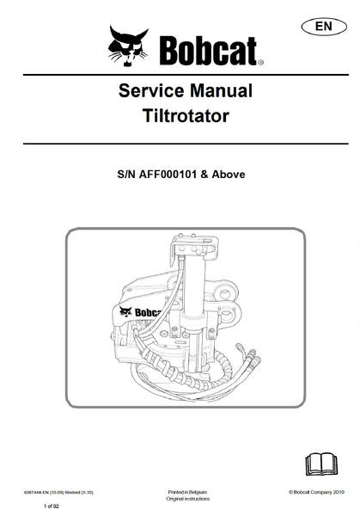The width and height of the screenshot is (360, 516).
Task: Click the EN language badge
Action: click(324, 27)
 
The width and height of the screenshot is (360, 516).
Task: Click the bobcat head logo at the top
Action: click(128, 46)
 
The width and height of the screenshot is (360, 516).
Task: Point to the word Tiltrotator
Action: click(186, 116)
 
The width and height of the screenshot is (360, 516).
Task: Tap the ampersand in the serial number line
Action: click(204, 174)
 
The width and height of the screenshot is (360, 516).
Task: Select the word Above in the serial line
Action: click(229, 174)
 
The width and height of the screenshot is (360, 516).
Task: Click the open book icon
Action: click(321, 464)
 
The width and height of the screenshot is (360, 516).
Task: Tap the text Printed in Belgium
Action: click(187, 492)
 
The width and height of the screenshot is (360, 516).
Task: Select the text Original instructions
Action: click(187, 499)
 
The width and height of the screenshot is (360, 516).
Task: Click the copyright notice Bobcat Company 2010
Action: click(316, 492)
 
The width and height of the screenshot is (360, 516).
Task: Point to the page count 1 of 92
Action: click(52, 507)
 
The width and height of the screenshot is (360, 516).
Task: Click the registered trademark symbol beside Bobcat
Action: click(260, 62)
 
